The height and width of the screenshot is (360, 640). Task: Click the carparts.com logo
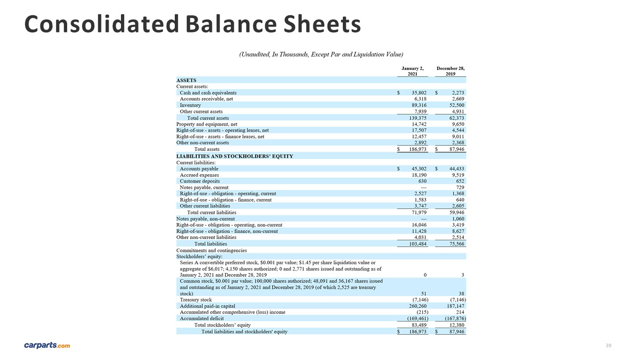[47, 345]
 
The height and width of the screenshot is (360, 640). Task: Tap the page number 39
[608, 345]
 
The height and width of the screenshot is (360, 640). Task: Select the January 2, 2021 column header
[412, 71]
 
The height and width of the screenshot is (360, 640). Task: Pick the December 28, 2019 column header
[450, 71]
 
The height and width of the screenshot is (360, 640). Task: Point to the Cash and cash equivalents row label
[208, 93]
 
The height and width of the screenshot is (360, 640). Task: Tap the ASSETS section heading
[186, 80]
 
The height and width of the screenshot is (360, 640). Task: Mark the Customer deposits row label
[200, 181]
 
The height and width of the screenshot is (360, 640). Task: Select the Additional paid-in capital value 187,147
[453, 306]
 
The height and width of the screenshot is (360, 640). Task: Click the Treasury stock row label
[196, 300]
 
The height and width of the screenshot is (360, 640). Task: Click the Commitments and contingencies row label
[211, 250]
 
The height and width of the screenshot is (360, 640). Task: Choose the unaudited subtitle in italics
[321, 54]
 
